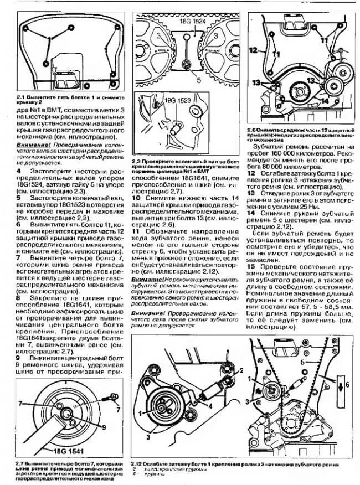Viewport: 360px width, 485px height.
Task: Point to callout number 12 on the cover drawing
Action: pyautogui.click(x=253, y=50)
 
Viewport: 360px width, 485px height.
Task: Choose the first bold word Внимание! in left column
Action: pyautogui.click(x=32, y=144)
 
